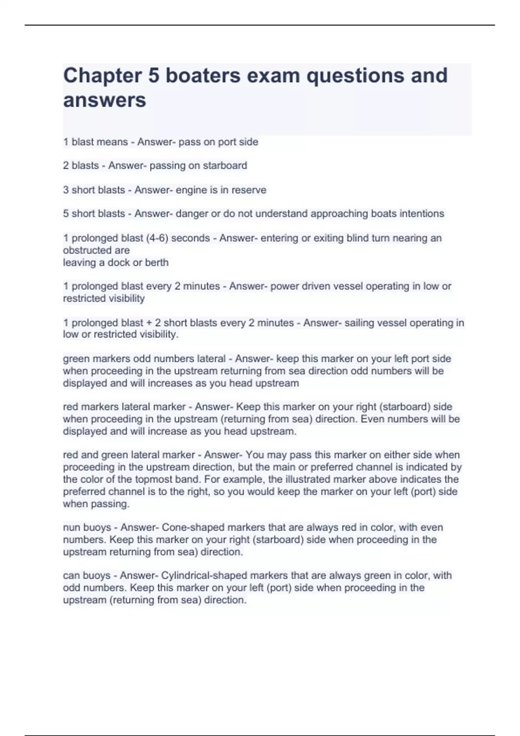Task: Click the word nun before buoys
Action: click(71, 527)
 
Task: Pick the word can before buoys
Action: click(71, 575)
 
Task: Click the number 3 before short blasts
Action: click(66, 190)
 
